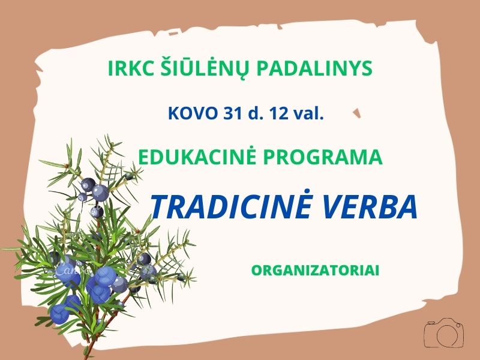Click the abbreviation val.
tap(308, 113)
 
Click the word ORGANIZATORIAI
tap(316, 271)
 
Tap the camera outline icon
tap(443, 334)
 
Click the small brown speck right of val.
tap(357, 113)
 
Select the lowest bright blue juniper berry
tap(60, 314)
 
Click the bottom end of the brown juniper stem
tap(86, 356)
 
